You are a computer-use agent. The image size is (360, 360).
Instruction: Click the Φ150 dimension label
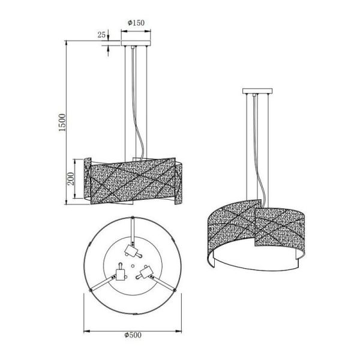pyautogui.click(x=136, y=23)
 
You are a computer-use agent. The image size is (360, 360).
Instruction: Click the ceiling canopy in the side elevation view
pyautogui.click(x=136, y=44)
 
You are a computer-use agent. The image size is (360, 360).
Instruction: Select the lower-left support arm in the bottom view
pyautogui.click(x=102, y=287)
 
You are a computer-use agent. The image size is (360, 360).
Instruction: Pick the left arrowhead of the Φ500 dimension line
pyautogui.click(x=84, y=330)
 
